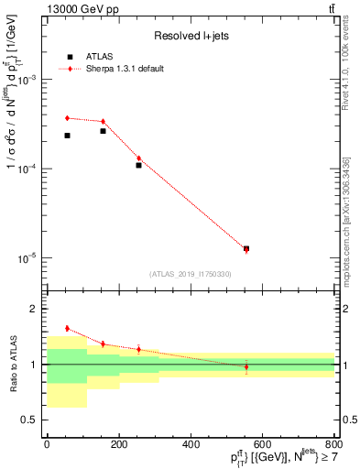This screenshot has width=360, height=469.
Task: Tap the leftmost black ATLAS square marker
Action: click(67, 136)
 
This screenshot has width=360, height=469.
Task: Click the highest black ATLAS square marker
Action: click(103, 131)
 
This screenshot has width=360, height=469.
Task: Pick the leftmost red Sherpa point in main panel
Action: click(67, 118)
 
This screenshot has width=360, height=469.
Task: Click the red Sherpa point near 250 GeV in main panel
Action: click(138, 158)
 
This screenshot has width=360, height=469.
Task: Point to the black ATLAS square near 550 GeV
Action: click(245, 248)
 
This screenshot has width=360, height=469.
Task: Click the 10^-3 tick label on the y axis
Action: click(29, 81)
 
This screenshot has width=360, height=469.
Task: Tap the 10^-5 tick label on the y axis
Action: click(29, 258)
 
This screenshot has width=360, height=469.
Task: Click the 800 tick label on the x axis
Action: click(334, 444)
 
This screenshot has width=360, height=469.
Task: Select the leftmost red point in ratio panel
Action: click(67, 328)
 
